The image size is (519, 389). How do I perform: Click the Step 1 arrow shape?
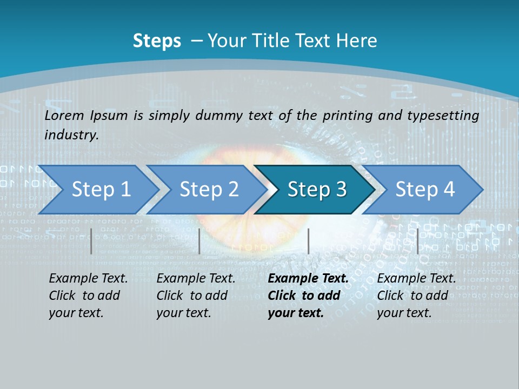101,190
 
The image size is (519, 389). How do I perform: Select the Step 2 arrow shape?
209,190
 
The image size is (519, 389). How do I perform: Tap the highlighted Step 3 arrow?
316,190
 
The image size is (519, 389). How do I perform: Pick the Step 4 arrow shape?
424,190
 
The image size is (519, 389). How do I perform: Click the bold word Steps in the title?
157,41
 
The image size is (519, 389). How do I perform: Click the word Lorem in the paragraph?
64,115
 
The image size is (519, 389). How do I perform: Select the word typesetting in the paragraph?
443,116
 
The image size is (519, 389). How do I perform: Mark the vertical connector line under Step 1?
91,241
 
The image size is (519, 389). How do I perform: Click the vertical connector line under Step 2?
199,241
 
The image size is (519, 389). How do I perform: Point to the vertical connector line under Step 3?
308,241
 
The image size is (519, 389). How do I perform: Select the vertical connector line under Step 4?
417,241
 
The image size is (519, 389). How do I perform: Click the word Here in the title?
356,41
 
